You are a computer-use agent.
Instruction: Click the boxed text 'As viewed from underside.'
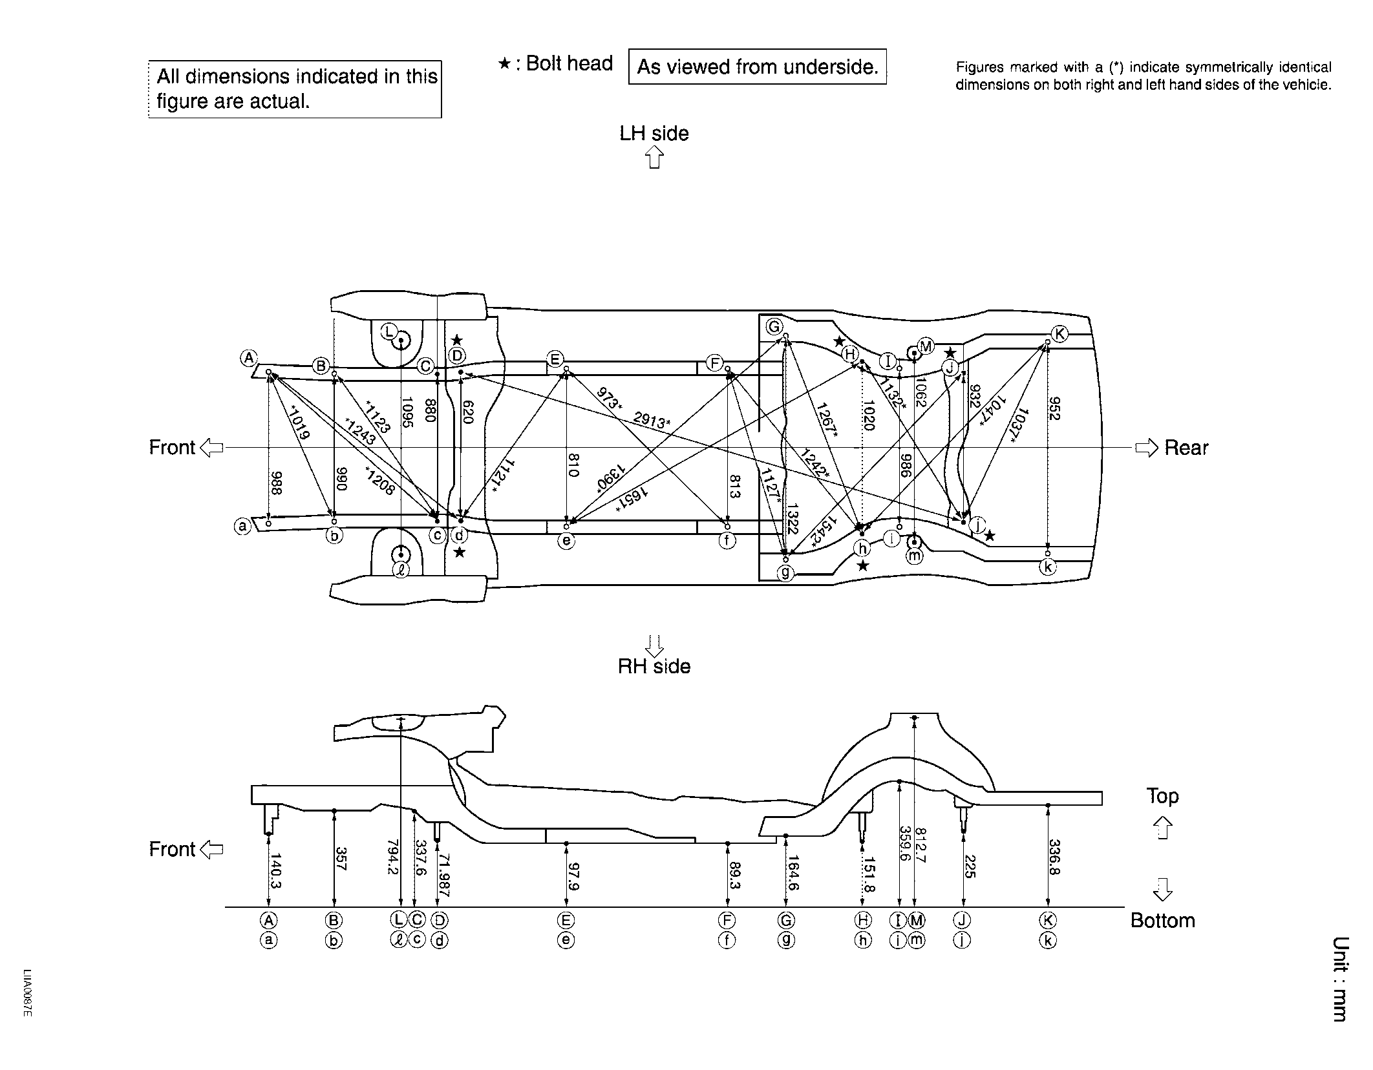[758, 67]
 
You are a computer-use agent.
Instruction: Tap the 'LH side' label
[654, 134]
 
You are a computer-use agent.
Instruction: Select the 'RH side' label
[654, 666]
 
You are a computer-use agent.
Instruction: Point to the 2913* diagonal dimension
[651, 421]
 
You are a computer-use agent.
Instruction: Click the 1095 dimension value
[407, 413]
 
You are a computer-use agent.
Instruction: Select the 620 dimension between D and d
[469, 412]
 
